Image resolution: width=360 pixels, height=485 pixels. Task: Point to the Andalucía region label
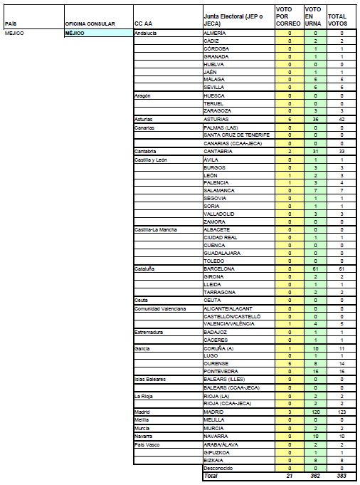click(147, 33)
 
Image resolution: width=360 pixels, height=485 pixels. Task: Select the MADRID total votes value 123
click(342, 412)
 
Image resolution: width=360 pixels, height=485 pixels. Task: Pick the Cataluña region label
click(146, 268)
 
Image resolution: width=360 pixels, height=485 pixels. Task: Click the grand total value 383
click(342, 476)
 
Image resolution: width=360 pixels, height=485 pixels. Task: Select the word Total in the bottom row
click(211, 476)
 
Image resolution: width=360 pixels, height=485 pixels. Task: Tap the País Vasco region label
click(148, 444)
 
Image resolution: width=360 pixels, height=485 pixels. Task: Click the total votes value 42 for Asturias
click(342, 120)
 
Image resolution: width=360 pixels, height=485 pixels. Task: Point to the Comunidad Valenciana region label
click(160, 308)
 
